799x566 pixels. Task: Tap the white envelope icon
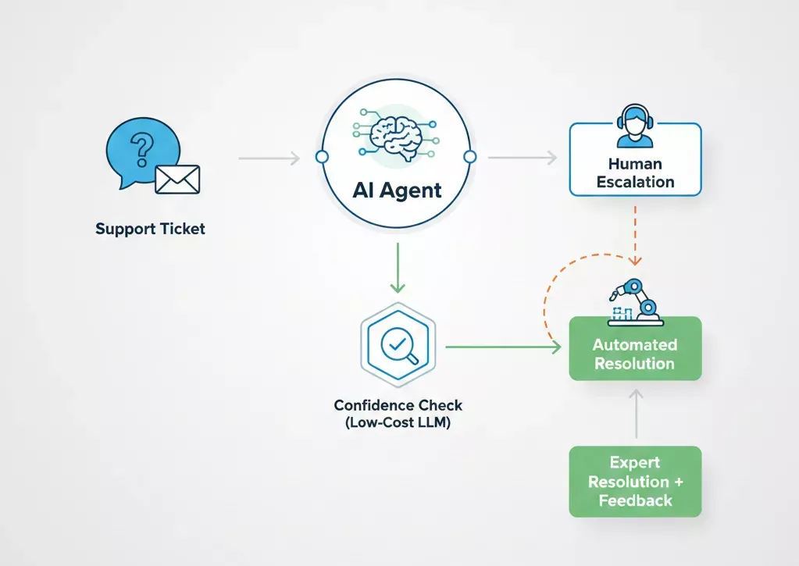tap(177, 179)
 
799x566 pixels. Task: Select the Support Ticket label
tap(150, 229)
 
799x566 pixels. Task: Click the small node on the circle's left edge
tap(321, 158)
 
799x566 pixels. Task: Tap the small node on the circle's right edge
tap(469, 158)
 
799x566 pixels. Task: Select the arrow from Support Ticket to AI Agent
tap(269, 158)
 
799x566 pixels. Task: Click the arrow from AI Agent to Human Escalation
tap(522, 158)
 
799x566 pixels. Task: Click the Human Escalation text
tap(635, 173)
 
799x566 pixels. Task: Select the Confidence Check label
tap(398, 406)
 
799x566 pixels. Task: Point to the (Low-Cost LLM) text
tap(398, 424)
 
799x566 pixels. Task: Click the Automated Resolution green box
tap(635, 354)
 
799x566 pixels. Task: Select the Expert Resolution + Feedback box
tap(635, 482)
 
